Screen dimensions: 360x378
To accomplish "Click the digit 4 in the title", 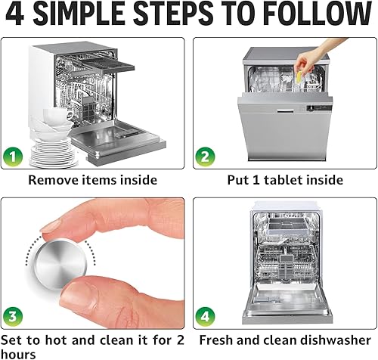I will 16,14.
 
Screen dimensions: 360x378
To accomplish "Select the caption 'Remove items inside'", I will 93,180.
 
